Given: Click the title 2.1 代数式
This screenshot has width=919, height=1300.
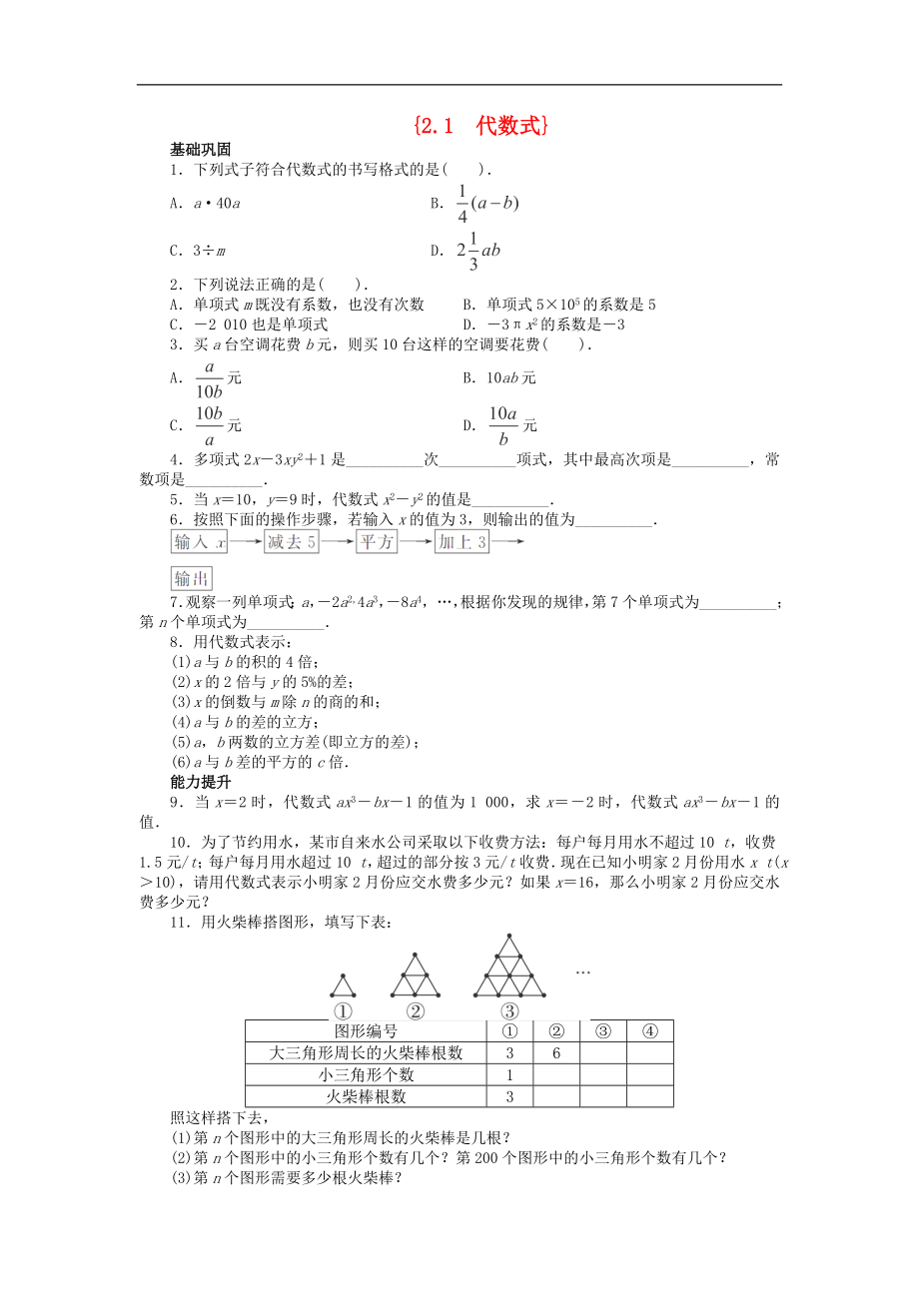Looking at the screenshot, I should click(480, 126).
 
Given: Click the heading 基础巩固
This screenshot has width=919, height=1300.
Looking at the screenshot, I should click(201, 149).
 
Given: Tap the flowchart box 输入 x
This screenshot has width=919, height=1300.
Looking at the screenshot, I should click(201, 542).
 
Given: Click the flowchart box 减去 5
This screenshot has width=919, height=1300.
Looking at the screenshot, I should click(292, 542).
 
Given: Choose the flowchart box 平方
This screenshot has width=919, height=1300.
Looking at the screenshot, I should click(378, 542).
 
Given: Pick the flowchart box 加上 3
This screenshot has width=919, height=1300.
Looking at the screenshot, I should click(461, 542).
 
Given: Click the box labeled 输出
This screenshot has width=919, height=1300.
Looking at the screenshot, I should click(192, 579).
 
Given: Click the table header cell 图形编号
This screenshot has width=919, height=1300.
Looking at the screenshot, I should click(366, 1031).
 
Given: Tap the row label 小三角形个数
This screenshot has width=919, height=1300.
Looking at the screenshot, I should click(366, 1074).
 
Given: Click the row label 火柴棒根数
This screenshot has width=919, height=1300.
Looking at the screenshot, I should click(366, 1096).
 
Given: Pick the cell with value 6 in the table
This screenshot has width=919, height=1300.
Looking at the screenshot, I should click(557, 1052).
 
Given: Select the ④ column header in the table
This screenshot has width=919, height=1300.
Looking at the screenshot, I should click(649, 1031).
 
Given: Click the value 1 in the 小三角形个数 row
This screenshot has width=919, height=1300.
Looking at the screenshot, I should click(509, 1074).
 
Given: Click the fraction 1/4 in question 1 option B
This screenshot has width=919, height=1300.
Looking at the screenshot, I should click(462, 203).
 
